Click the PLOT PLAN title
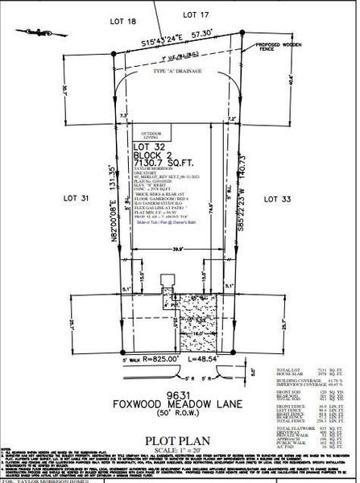(x=179, y=418)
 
